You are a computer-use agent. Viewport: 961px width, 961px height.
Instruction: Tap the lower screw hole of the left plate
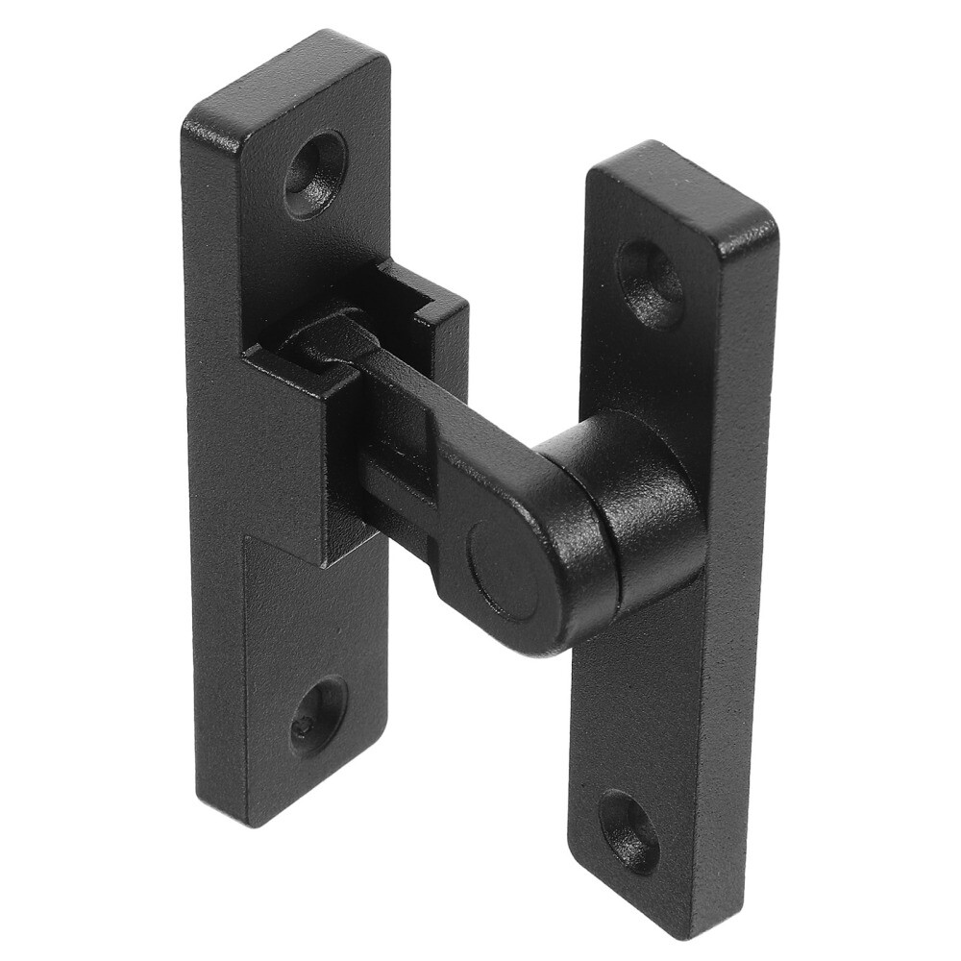[x=318, y=714]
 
